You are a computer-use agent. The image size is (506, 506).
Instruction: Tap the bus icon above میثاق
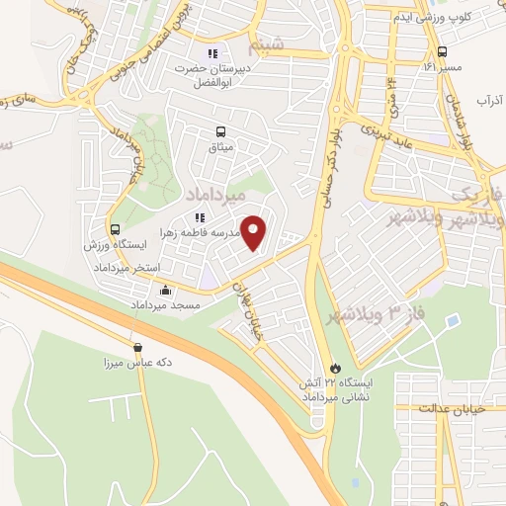[x=219, y=130]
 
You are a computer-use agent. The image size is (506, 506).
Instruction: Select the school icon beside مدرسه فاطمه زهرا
[x=200, y=217]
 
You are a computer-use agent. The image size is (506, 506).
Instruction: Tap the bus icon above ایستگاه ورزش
[x=116, y=228]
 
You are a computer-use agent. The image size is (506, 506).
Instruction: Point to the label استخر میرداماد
[x=126, y=269]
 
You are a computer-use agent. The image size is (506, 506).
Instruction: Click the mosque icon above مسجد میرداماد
[x=164, y=291]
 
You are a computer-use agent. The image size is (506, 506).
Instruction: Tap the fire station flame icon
[x=336, y=366]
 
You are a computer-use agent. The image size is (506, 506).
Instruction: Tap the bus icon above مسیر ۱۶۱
[x=442, y=51]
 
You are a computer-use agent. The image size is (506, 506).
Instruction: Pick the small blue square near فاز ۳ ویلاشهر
[x=452, y=321]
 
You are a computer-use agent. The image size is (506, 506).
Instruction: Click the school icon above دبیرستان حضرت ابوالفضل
[x=211, y=53]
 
